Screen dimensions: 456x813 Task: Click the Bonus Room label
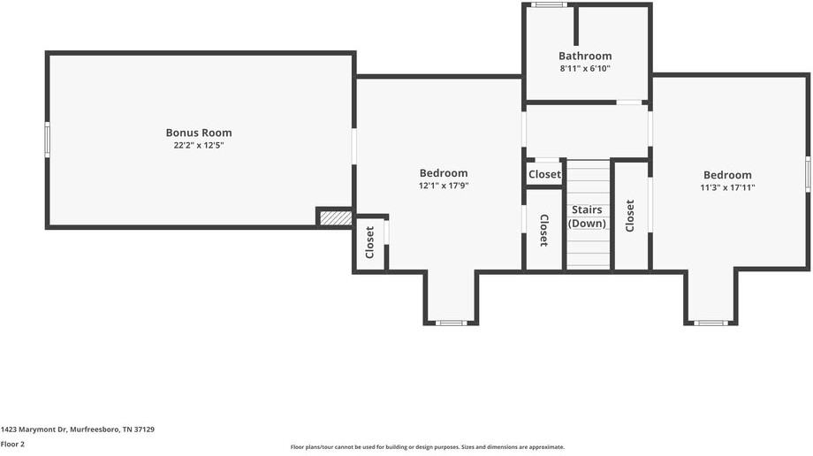pos(199,133)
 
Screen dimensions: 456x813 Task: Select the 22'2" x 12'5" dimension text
pos(199,145)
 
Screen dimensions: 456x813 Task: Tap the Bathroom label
pos(584,56)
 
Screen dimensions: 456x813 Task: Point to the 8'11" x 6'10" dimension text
pos(584,68)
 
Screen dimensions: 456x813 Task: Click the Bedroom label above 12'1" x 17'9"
pos(444,173)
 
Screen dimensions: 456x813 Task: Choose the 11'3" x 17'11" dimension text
pos(727,187)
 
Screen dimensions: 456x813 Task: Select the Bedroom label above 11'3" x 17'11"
pos(727,175)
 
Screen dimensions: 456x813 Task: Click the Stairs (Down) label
pos(588,217)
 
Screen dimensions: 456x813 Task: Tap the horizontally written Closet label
pos(544,174)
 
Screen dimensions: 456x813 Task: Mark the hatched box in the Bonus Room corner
pos(335,217)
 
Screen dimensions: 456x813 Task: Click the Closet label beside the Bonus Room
pos(370,242)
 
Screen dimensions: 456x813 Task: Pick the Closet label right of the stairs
pos(630,216)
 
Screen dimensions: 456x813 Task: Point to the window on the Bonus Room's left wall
pos(48,140)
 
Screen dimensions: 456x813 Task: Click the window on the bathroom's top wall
pos(549,5)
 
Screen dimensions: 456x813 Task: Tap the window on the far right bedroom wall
pos(808,174)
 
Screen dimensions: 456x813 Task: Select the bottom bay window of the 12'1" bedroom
pos(451,323)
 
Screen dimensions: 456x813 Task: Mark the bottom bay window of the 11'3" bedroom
pos(710,323)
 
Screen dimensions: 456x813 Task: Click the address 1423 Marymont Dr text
pos(78,429)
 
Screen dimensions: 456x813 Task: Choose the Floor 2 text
pos(12,444)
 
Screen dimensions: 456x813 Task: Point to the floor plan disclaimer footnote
pos(427,447)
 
